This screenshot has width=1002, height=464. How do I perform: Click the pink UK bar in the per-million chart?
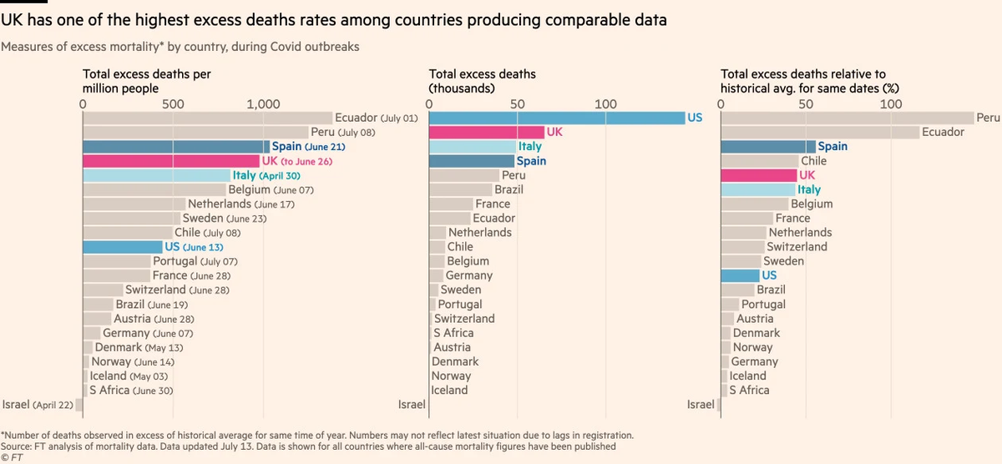click(171, 161)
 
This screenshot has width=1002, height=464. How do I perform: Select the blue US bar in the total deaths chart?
click(556, 118)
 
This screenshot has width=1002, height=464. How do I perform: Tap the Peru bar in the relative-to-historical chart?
click(847, 118)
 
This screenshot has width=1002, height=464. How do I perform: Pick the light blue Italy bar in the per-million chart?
click(156, 175)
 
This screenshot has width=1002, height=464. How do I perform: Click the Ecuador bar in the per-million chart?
click(206, 118)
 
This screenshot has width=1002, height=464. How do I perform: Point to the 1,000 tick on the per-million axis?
click(263, 104)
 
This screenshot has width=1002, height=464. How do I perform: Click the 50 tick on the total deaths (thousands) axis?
click(517, 104)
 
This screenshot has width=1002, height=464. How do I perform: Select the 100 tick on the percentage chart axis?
click(891, 104)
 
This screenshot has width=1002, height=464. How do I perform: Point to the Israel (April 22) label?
click(38, 405)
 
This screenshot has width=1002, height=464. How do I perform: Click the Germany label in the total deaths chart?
click(468, 275)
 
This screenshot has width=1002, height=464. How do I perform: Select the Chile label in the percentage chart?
click(813, 161)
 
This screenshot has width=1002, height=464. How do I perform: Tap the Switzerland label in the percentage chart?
click(797, 247)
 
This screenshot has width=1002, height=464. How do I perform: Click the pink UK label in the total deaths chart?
click(554, 133)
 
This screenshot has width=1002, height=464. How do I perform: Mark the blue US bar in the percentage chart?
click(740, 275)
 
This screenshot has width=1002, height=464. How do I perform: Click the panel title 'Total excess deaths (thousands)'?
click(482, 80)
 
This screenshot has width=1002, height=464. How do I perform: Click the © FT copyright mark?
click(12, 457)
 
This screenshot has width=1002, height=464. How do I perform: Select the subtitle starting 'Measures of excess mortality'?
click(180, 47)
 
